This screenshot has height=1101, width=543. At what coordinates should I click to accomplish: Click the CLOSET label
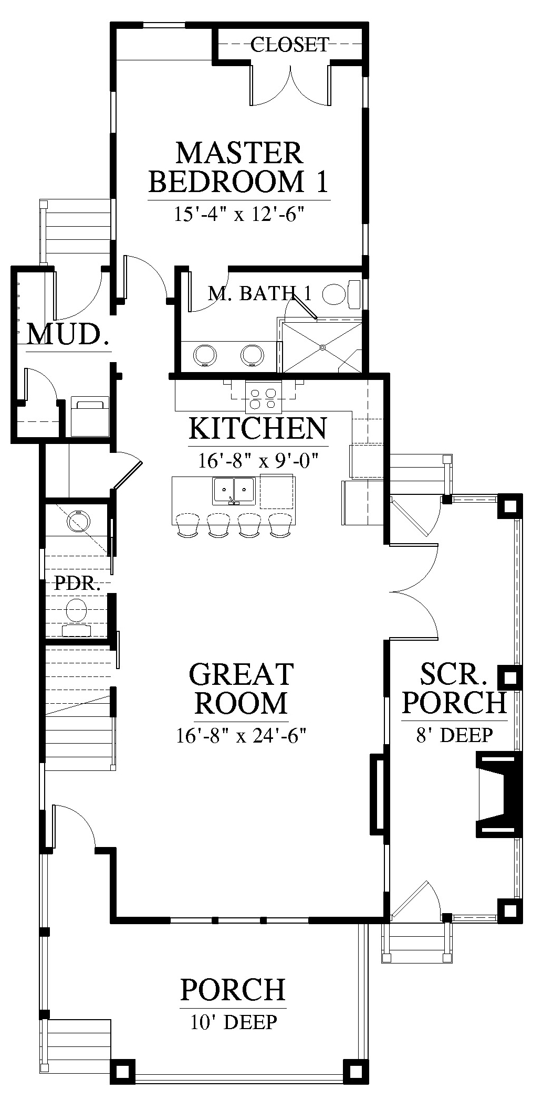pyautogui.click(x=289, y=45)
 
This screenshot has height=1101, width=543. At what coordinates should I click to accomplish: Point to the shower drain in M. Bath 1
pyautogui.click(x=323, y=347)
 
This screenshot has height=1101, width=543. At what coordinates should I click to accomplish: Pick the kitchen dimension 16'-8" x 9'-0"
pyautogui.click(x=259, y=460)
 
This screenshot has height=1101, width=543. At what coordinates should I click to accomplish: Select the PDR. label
pyautogui.click(x=77, y=584)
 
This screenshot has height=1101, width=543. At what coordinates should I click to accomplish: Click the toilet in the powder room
pyautogui.click(x=77, y=617)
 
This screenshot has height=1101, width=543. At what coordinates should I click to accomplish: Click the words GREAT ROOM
pyautogui.click(x=241, y=688)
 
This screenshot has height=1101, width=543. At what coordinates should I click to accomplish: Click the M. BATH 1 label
pyautogui.click(x=259, y=293)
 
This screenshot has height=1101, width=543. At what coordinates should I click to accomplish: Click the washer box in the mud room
pyautogui.click(x=90, y=417)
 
